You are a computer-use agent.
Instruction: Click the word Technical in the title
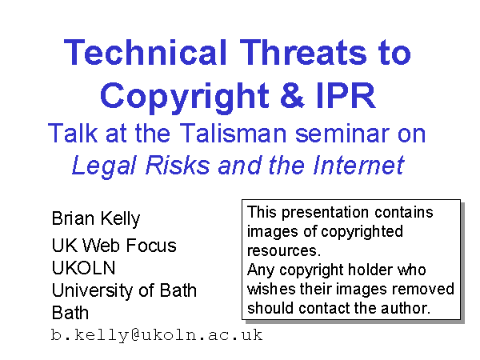pos(145,52)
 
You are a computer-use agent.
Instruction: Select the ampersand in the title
pos(292,95)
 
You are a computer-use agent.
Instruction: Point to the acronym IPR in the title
pos(346,95)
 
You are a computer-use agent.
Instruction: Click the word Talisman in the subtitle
pos(234,133)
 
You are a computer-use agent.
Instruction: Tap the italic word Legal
pos(104,166)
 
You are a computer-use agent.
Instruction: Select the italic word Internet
pos(358,165)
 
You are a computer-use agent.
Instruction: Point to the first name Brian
pos(73,218)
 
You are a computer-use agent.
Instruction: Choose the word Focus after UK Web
pos(151,246)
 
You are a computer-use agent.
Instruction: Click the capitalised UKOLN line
pos(83,267)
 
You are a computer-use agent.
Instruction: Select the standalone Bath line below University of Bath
pos(70,313)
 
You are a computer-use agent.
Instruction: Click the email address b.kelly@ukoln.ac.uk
pos(157,335)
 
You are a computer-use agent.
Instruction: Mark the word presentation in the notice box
pos(325,213)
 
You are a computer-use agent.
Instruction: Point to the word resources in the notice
pos(284,250)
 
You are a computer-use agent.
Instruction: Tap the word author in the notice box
pos(406,308)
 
